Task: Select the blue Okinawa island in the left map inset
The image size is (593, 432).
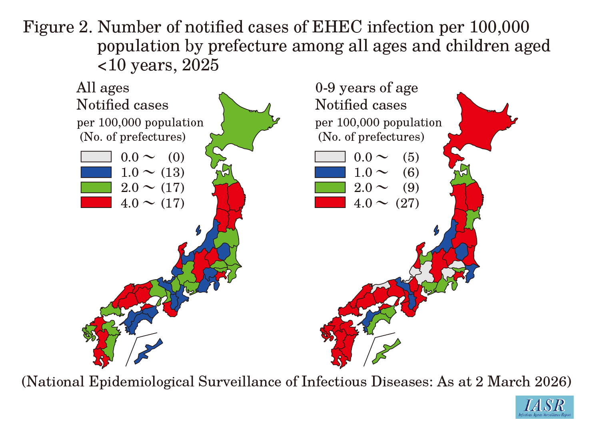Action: [x=148, y=351]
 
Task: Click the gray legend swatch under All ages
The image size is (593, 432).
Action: [x=96, y=156]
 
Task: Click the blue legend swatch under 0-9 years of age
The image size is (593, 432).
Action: [x=330, y=172]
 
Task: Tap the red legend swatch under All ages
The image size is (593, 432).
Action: [x=96, y=202]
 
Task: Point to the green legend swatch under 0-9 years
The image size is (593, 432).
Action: [x=330, y=187]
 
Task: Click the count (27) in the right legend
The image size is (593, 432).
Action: [x=407, y=203]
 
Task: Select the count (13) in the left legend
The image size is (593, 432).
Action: [x=173, y=172]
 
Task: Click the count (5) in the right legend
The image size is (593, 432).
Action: [x=411, y=157]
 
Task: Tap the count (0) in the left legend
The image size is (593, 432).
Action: [x=176, y=157]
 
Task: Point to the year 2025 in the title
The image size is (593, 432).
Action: [x=200, y=65]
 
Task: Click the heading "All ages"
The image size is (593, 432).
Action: [x=103, y=88]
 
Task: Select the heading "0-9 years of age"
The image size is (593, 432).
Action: [x=367, y=88]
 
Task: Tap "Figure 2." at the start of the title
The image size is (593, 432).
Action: [x=58, y=27]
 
